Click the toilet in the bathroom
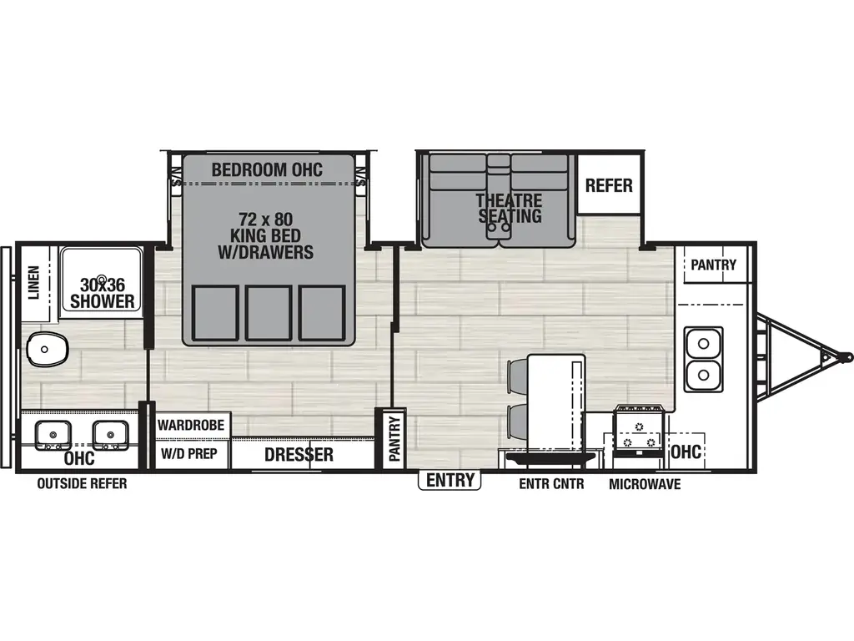tap(48, 349)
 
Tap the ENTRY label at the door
tap(450, 480)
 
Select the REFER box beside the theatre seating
tap(608, 184)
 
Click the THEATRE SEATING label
tap(510, 208)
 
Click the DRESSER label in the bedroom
tap(299, 455)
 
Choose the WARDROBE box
tap(191, 425)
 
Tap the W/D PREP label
tap(189, 453)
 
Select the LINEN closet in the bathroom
tap(36, 283)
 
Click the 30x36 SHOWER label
tap(103, 293)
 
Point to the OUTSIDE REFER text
tap(82, 483)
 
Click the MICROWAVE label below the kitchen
tap(645, 484)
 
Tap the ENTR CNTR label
tap(551, 484)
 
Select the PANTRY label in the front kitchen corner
tap(713, 265)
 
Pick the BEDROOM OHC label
tap(267, 169)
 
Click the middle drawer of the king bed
tap(268, 313)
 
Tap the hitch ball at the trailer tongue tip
tap(846, 356)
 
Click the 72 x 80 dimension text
tap(265, 220)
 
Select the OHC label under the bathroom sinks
tap(79, 458)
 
